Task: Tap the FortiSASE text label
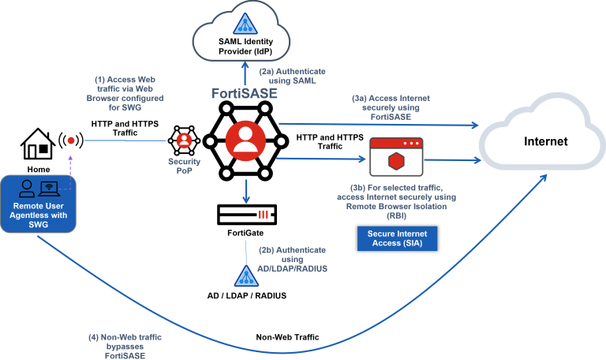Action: pyautogui.click(x=245, y=93)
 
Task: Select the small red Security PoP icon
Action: pyautogui.click(x=184, y=141)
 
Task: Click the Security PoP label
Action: pyautogui.click(x=184, y=166)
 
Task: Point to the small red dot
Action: pyautogui.click(x=71, y=141)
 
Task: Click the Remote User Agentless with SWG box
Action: pyautogui.click(x=38, y=204)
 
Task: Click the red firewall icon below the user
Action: pyautogui.click(x=264, y=215)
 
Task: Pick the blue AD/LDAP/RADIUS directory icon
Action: pyautogui.click(x=246, y=275)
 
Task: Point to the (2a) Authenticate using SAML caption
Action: pyautogui.click(x=292, y=75)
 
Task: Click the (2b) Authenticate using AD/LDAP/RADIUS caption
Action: pyautogui.click(x=292, y=259)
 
